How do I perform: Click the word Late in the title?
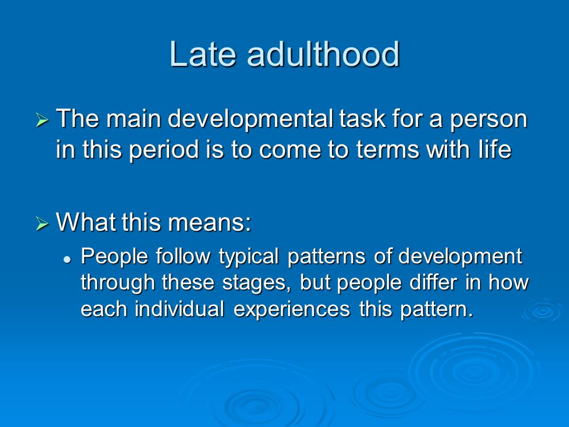(x=202, y=54)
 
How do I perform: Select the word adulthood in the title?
(x=323, y=54)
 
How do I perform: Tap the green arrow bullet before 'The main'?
(x=42, y=120)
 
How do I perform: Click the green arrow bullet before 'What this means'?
(x=42, y=223)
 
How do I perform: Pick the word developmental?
(x=250, y=120)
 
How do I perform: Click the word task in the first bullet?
(x=362, y=119)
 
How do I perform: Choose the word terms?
(x=387, y=149)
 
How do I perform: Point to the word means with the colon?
(x=209, y=222)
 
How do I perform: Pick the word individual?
(x=179, y=309)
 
